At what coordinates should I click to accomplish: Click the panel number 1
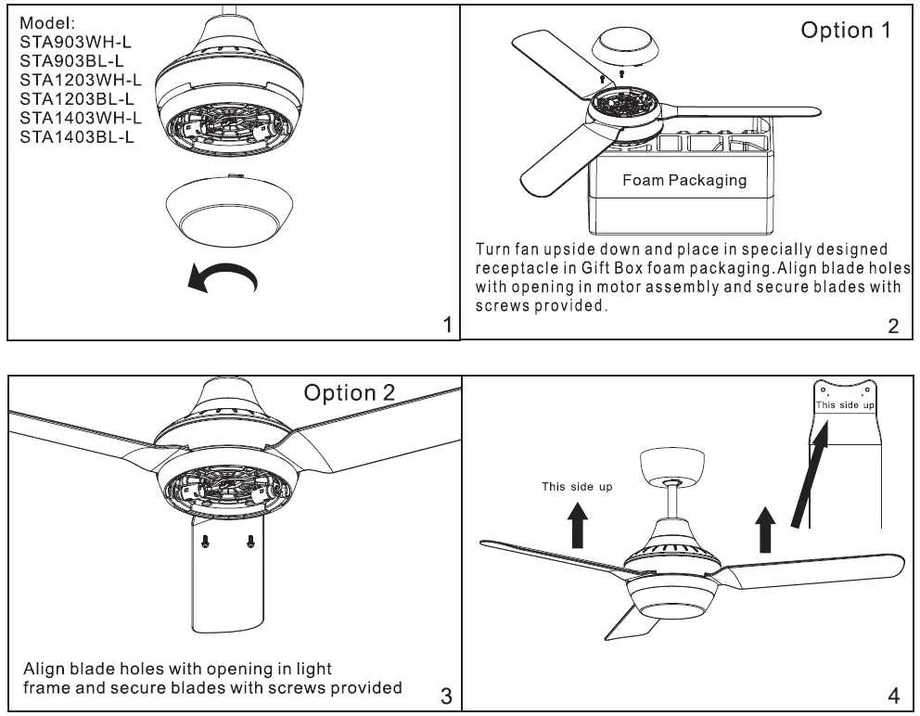coord(448,325)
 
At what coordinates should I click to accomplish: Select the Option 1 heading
coord(846,31)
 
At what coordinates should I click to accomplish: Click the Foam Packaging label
coord(684,180)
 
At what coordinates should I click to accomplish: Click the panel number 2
coord(892,325)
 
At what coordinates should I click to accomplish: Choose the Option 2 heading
coord(350,392)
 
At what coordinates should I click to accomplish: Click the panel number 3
coord(445,695)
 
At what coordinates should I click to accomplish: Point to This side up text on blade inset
coord(844,405)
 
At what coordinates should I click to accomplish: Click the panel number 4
coord(893,695)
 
